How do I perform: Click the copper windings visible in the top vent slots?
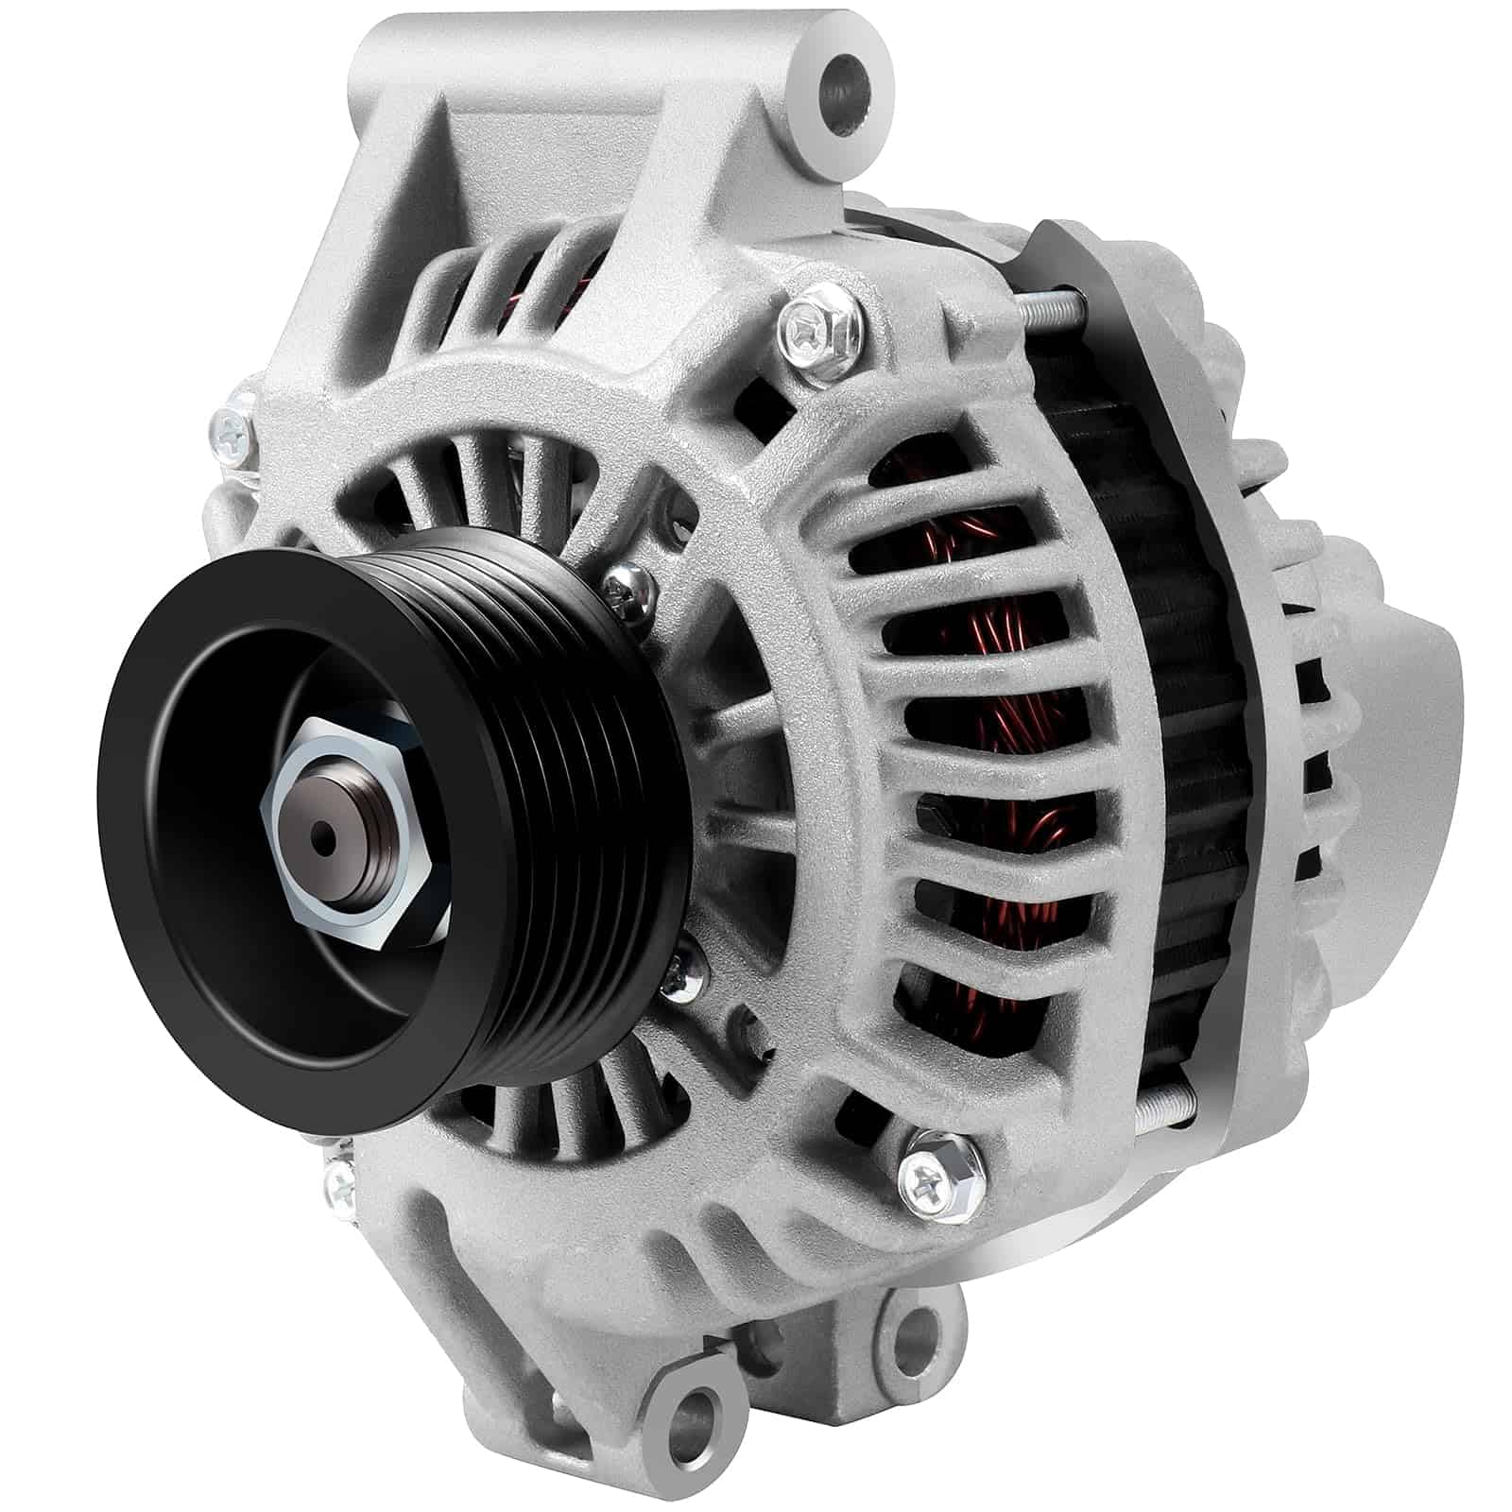(x=580, y=274)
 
